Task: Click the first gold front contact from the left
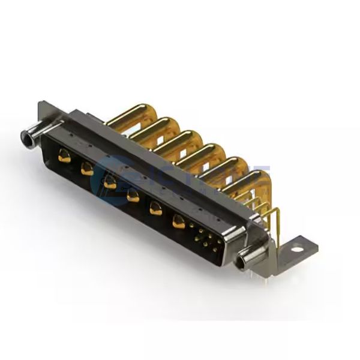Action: click(x=62, y=158)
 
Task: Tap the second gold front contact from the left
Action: click(x=87, y=169)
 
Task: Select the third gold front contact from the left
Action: click(x=110, y=181)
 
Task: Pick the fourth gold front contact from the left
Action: click(x=133, y=194)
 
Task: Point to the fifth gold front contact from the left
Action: click(x=155, y=208)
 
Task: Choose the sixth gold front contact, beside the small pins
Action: click(x=179, y=221)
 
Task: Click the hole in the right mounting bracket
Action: click(x=298, y=246)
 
